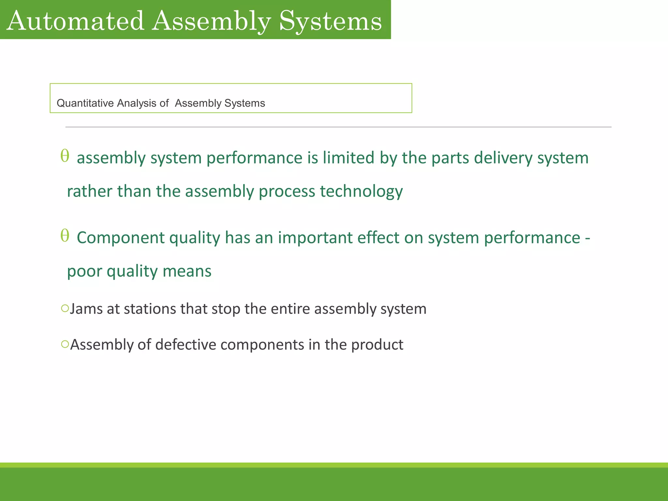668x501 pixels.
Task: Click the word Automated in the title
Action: [x=75, y=21]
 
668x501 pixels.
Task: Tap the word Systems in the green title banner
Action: [x=330, y=21]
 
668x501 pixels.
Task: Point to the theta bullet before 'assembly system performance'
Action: [x=65, y=156]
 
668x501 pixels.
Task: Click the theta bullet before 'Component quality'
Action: [x=65, y=235]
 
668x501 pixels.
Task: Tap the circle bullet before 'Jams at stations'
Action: [x=65, y=308]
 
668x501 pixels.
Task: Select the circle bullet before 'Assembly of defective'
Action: [x=65, y=344]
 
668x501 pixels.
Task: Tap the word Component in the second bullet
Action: [x=120, y=238]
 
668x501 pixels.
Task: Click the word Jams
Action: [x=86, y=309]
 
